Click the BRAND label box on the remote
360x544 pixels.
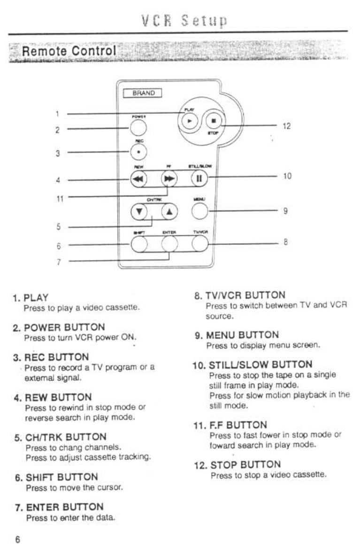pyautogui.click(x=143, y=93)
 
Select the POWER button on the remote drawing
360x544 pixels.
pyautogui.click(x=138, y=127)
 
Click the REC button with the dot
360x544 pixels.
pyautogui.click(x=138, y=152)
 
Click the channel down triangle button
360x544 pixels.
pyautogui.click(x=138, y=212)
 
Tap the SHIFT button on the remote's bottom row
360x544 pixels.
pyautogui.click(x=138, y=243)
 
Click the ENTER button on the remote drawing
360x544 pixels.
pyautogui.click(x=169, y=243)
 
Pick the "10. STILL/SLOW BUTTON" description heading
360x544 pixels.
pyautogui.click(x=253, y=364)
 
